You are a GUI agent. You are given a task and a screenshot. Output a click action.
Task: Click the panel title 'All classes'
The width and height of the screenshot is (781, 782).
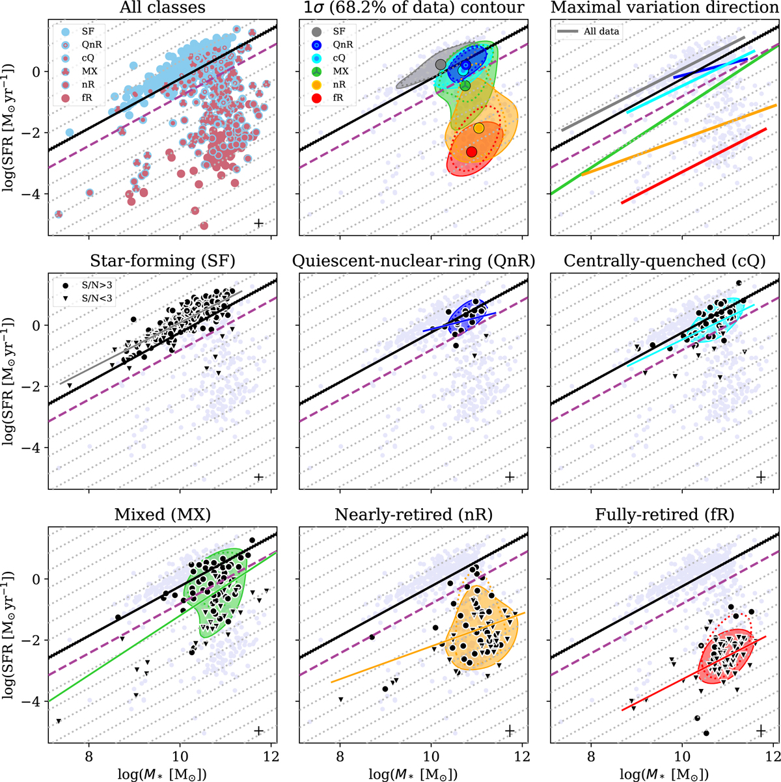[159, 8]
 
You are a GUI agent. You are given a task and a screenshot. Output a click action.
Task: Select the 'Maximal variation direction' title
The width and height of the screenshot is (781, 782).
[665, 8]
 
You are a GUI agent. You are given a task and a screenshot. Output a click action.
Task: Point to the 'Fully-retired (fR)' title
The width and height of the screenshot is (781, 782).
[665, 515]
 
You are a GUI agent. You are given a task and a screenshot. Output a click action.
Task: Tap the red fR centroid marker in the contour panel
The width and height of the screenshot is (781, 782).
[471, 152]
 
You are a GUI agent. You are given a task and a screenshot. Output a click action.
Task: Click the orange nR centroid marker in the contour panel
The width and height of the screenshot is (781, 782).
[479, 128]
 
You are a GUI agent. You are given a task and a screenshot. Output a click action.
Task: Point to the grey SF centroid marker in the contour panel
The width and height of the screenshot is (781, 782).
[441, 64]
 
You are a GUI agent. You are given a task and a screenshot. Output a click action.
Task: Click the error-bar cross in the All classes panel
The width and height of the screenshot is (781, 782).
[258, 223]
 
